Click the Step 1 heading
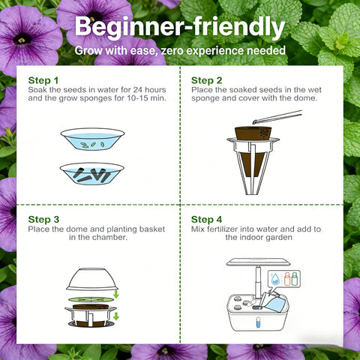coord(43,80)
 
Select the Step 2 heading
coord(206,80)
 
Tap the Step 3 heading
coord(43,220)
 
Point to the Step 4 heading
coord(206,220)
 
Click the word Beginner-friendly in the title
coord(180,27)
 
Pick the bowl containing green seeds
coord(92,139)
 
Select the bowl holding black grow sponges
coord(91,174)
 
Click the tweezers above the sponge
coord(277,117)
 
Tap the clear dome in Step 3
coord(92,279)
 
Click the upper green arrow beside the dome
coord(115,294)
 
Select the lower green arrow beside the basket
coord(115,316)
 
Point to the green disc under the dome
coord(90,299)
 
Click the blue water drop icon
coord(275,279)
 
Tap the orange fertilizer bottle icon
coord(287,279)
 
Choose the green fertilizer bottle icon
coord(295,279)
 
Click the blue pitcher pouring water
coord(274,302)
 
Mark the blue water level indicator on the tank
coord(258,322)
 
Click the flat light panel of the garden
coord(259,262)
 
